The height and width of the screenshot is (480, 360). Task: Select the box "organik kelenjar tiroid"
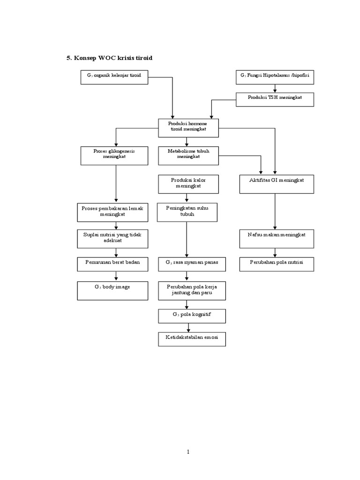tap(114, 77)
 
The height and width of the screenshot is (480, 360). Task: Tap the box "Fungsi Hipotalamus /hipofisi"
tap(275, 77)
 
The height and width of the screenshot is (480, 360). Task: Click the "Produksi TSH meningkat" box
tap(275, 99)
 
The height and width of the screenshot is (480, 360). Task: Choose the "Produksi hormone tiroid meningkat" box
tap(188, 127)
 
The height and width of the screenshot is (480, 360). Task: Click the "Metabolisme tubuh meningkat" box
tap(188, 155)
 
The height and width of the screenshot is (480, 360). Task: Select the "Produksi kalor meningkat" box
tap(188, 184)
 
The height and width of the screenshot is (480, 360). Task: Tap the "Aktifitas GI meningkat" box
tap(276, 184)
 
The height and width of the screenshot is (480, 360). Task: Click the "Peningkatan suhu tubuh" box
tap(187, 212)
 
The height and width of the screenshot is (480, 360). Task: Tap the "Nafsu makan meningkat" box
tap(276, 238)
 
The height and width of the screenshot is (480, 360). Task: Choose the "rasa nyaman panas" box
tap(192, 264)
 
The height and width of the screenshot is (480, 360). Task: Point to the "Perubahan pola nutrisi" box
tap(276, 264)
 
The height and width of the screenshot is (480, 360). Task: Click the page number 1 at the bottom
tap(188, 452)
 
